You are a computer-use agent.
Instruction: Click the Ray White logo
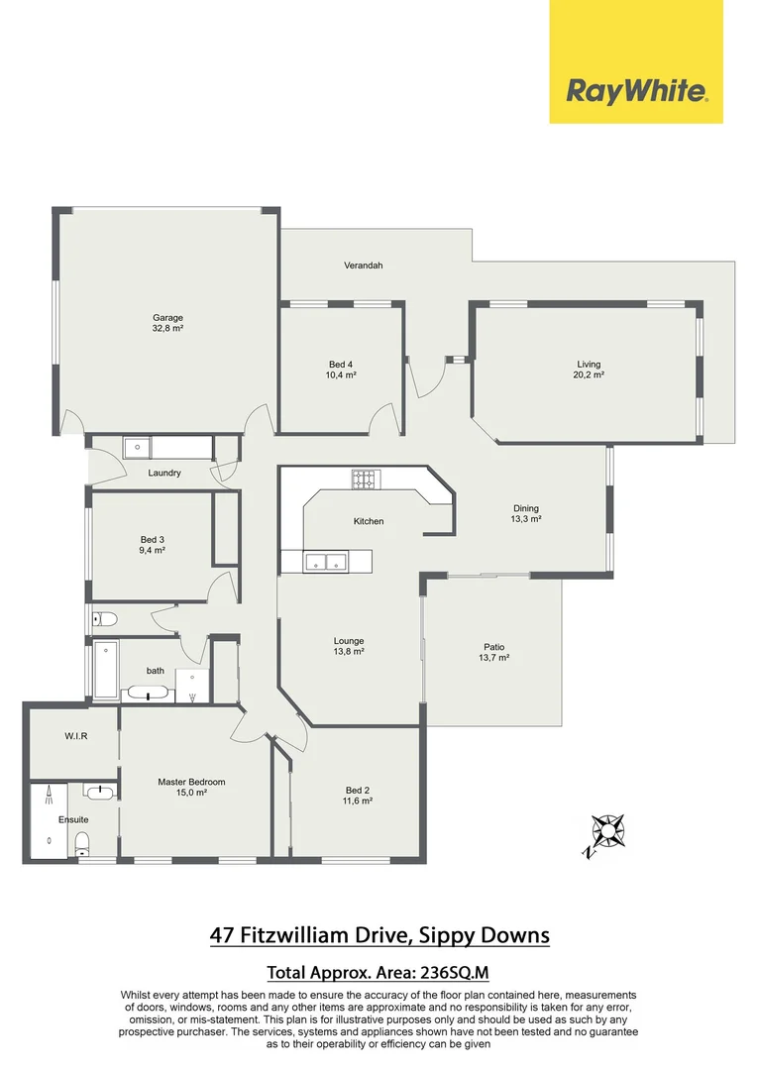point(636,91)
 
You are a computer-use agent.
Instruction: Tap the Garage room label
point(167,318)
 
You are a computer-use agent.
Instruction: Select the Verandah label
point(363,266)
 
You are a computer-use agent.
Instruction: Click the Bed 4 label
point(341,365)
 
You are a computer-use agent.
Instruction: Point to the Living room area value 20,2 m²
point(589,374)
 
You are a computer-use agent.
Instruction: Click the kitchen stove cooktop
point(366,480)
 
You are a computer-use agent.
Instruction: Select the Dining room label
point(525,508)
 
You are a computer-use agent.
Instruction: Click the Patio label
point(493,647)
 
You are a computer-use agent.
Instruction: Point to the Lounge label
point(349,640)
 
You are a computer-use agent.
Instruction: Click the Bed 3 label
point(152,539)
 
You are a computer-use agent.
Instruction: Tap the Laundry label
point(164,473)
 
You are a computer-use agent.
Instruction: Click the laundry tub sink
point(136,448)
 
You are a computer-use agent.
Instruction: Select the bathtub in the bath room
point(105,669)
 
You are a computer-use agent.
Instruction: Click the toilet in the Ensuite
point(84,843)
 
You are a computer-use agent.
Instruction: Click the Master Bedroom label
point(191,782)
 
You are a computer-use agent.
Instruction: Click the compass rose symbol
point(605,831)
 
